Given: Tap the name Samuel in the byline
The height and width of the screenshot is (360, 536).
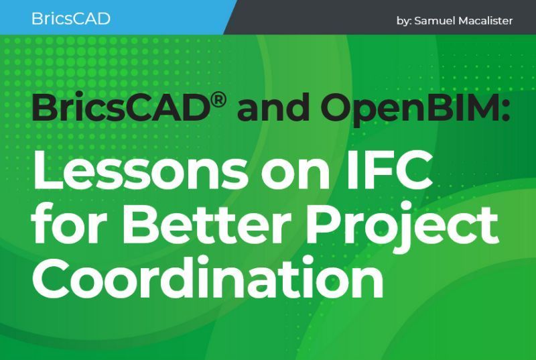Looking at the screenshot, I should pyautogui.click(x=438, y=21).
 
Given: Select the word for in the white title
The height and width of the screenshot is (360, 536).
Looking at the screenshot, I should pyautogui.click(x=66, y=227).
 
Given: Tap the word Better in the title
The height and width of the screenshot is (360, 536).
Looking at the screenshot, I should pyautogui.click(x=204, y=227).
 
